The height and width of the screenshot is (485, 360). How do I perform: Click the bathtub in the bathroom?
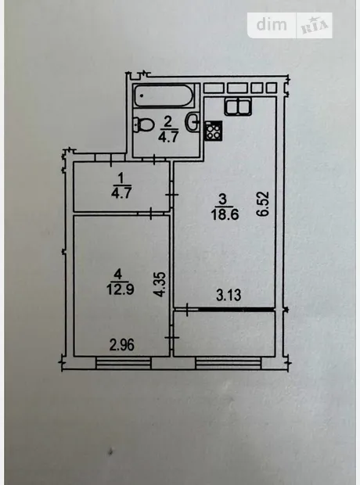point(164,95)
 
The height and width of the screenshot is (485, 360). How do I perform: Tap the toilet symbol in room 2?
point(145,124)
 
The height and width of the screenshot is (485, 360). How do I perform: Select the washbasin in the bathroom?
point(193,121)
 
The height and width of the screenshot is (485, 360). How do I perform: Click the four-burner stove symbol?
point(214,131)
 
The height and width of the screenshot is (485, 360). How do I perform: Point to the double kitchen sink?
point(239,106)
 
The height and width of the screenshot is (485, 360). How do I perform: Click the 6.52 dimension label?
point(265,204)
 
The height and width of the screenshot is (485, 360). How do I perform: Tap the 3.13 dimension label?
point(229,295)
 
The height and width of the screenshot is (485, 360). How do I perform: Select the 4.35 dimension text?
point(162,284)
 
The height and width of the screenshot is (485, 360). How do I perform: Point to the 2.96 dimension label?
point(122,345)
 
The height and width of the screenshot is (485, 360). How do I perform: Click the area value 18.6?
point(225,214)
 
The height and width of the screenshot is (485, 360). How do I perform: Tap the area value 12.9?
point(120,289)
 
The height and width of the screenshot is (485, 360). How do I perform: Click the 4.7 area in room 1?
point(121,193)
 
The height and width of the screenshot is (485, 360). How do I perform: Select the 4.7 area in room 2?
point(168,137)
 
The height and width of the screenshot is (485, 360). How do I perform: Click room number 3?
point(223,199)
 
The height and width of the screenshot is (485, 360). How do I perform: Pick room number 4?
point(118,275)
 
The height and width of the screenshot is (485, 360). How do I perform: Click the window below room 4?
point(123,363)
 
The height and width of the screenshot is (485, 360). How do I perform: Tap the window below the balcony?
point(229,363)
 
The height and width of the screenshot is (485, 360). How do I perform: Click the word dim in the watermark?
point(272,24)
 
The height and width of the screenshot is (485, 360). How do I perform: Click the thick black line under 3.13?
point(236,309)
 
